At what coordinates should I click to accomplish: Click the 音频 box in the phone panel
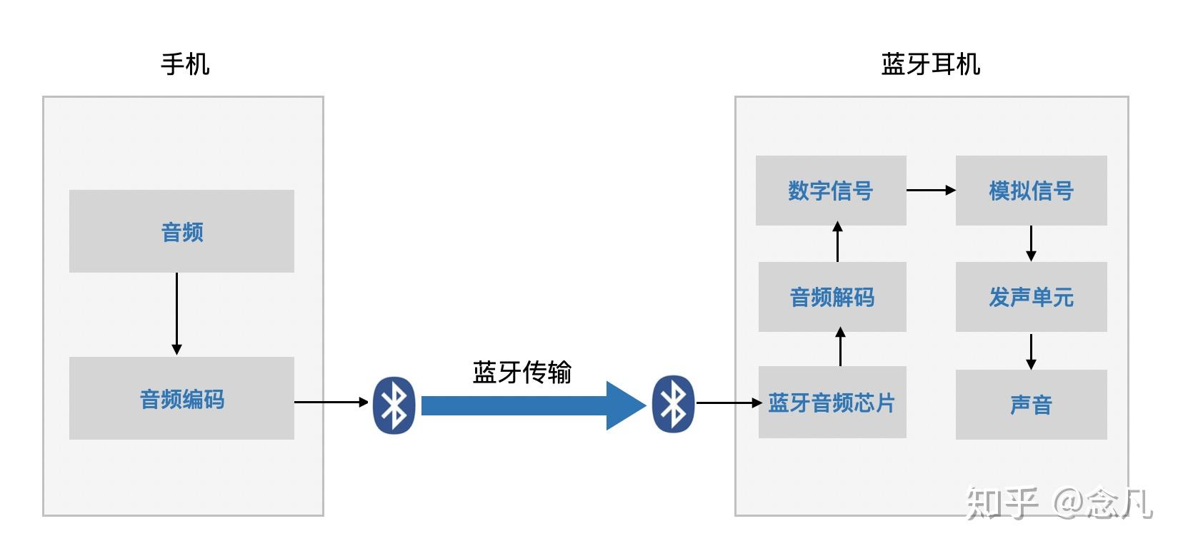point(181,231)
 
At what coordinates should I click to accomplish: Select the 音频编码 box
point(181,398)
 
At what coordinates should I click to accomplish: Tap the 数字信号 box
point(831,191)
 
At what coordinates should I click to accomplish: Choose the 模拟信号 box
point(1031,191)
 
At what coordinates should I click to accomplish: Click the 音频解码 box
point(832,297)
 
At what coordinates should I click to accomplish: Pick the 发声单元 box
point(1031,297)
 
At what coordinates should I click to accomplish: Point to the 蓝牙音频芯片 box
point(832,403)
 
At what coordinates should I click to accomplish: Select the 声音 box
point(1031,405)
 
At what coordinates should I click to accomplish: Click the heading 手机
point(185,64)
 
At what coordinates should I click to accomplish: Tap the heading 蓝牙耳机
point(930,64)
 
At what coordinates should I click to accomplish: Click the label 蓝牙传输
point(521,372)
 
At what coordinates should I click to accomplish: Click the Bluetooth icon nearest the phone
point(394,405)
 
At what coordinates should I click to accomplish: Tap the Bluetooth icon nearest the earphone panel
point(673,405)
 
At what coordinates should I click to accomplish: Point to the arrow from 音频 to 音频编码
point(176,314)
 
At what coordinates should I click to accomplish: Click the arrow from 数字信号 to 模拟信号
point(931,190)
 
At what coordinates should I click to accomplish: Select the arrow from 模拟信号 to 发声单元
point(1030,243)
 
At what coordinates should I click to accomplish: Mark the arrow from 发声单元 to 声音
point(1030,350)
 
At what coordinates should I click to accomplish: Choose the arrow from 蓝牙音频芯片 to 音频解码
point(840,347)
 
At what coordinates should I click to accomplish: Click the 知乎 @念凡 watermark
point(1059,502)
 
